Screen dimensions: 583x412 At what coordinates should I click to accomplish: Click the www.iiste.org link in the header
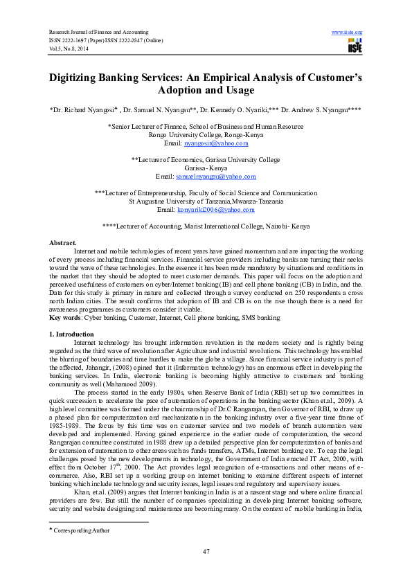(348, 33)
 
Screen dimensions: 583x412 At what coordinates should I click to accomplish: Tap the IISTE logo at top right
(354, 47)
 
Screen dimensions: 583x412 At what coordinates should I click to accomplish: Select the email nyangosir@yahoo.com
(215, 143)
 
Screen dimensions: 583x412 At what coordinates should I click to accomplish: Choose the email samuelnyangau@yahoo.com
(215, 177)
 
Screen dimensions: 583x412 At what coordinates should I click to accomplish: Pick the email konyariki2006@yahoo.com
(215, 209)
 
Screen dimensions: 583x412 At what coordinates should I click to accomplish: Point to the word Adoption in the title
(183, 91)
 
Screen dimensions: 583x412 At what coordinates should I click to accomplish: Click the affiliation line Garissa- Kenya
(206, 168)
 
